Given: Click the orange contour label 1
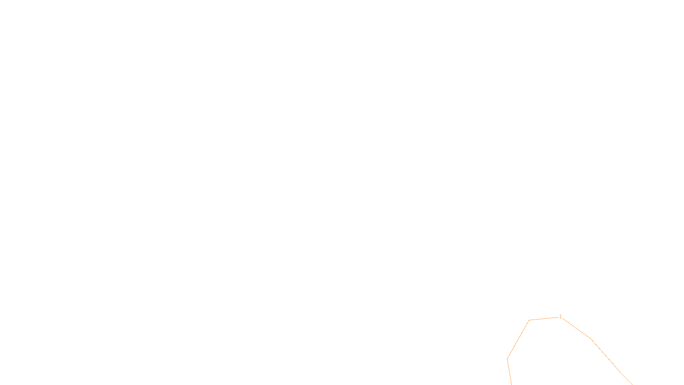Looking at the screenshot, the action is click(560, 317).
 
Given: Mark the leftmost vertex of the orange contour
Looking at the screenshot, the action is click(507, 358).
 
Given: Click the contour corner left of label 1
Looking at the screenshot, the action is click(529, 320).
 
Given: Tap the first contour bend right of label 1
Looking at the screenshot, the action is click(591, 339).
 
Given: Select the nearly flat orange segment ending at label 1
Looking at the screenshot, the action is click(544, 319).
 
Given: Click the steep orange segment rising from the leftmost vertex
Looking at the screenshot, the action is click(518, 339).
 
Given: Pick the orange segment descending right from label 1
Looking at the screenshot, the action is click(576, 328).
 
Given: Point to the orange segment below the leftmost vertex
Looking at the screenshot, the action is click(509, 371).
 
